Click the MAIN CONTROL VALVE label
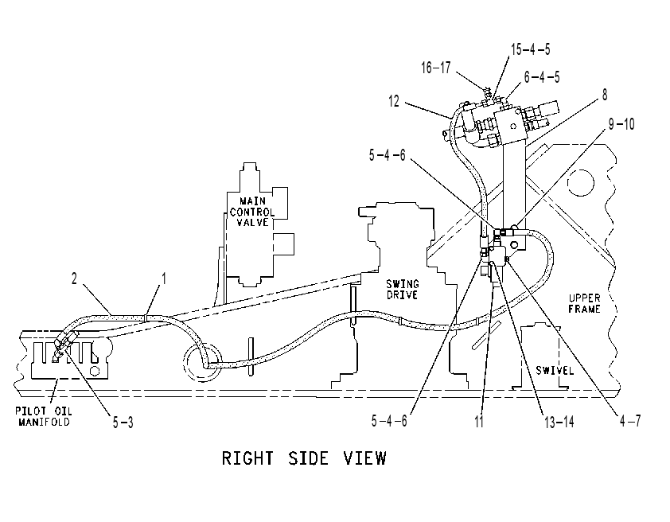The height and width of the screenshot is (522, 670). tap(252, 212)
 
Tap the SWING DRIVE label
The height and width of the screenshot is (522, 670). tap(403, 289)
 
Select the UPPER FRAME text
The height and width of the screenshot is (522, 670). tap(584, 303)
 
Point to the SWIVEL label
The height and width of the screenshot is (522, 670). tap(555, 370)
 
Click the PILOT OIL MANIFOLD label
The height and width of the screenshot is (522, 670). tap(43, 416)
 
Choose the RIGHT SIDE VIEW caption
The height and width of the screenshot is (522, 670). tap(304, 458)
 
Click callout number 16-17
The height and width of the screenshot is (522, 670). tap(436, 68)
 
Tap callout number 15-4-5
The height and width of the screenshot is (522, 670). tap(531, 49)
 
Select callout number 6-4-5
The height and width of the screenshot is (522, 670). tap(542, 77)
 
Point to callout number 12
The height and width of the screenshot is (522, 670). tap(394, 101)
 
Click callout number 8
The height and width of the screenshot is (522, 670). tap(605, 95)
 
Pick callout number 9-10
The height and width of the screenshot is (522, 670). tap(621, 124)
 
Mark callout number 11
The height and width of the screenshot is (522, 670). tap(479, 422)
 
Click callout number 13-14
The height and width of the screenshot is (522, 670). tap(559, 422)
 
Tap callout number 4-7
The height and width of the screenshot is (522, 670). tap(631, 421)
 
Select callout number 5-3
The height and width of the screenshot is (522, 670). tap(123, 422)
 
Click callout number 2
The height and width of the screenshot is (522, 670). tap(74, 279)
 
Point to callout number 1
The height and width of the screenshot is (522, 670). tap(163, 279)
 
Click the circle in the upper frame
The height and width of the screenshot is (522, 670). tap(581, 182)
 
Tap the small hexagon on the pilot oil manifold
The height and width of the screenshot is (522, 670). tap(95, 370)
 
